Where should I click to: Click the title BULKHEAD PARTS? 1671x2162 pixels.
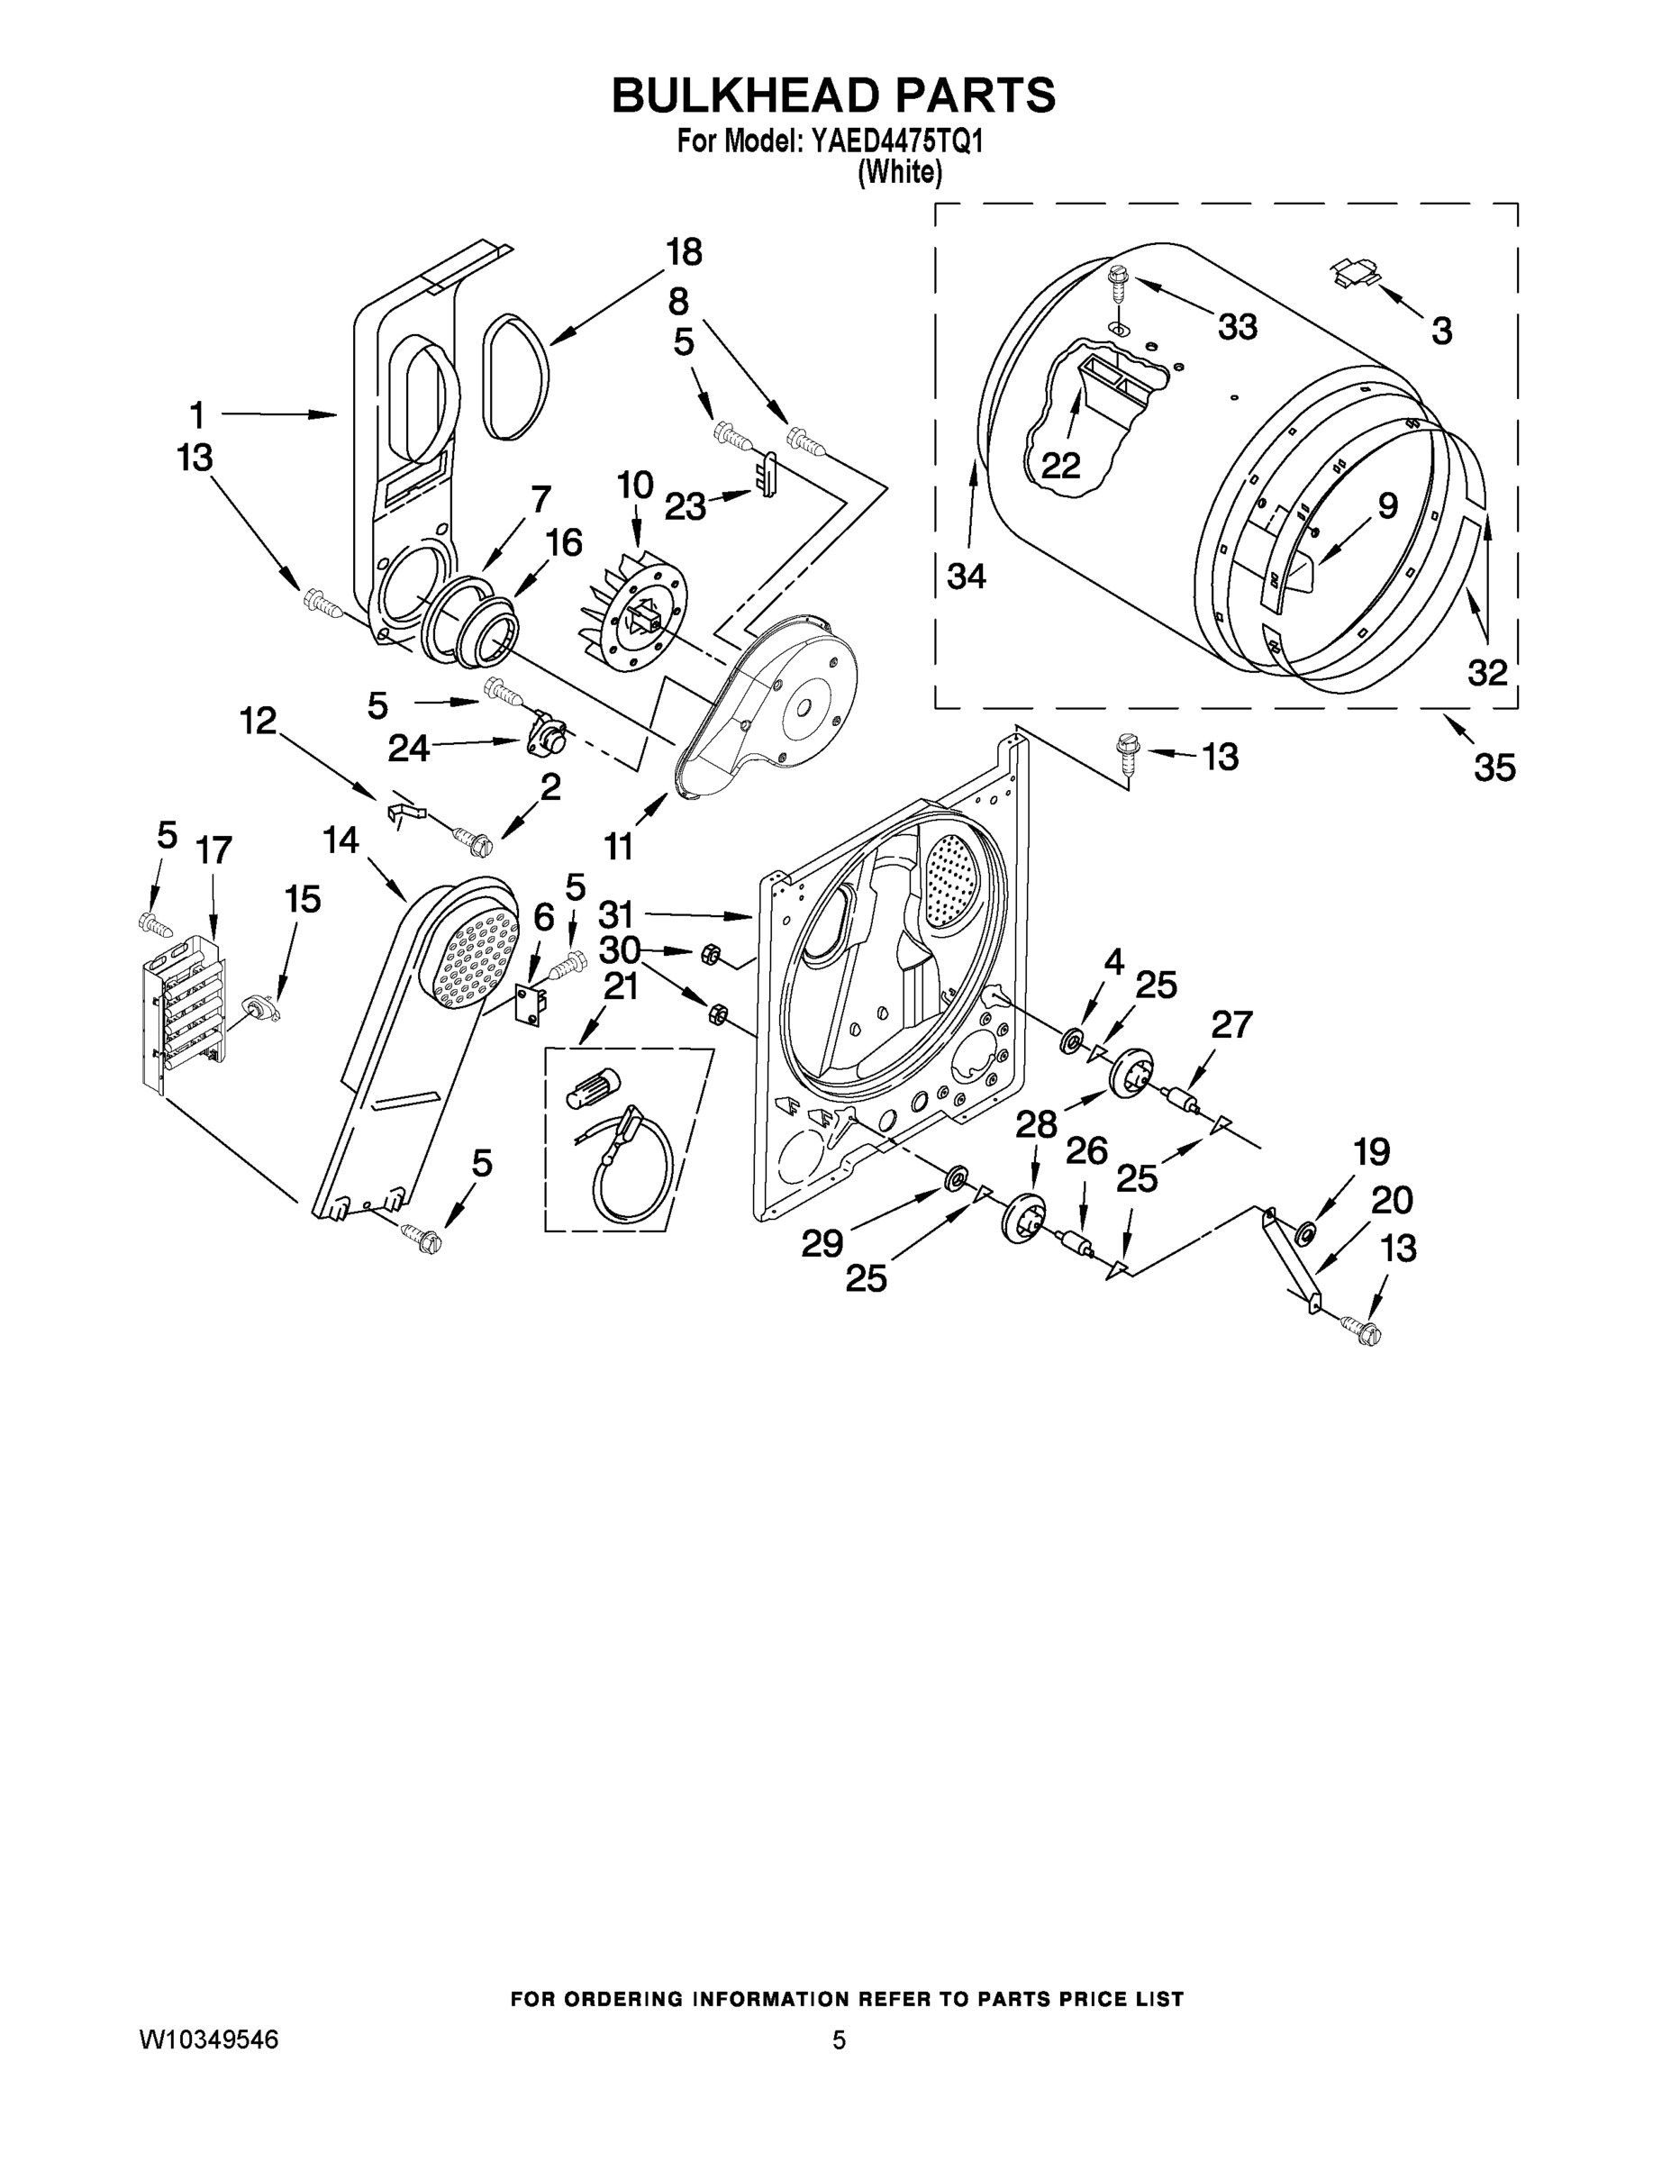[x=833, y=96]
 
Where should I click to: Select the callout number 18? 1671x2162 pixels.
[x=683, y=252]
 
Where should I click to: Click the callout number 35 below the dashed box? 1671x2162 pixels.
[x=1494, y=767]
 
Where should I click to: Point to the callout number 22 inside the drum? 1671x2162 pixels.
[x=1060, y=465]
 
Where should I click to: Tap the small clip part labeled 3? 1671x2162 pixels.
[x=1353, y=270]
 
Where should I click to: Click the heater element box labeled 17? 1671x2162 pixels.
[x=183, y=1020]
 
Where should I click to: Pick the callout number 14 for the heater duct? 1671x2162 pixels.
[x=340, y=840]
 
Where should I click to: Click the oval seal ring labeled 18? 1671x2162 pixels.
[x=514, y=378]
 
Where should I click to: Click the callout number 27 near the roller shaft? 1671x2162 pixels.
[x=1231, y=1024]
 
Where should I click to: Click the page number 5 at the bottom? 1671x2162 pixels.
[x=839, y=2040]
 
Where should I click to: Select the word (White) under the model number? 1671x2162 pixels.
[x=899, y=172]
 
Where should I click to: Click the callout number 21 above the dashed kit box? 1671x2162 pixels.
[x=621, y=987]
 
